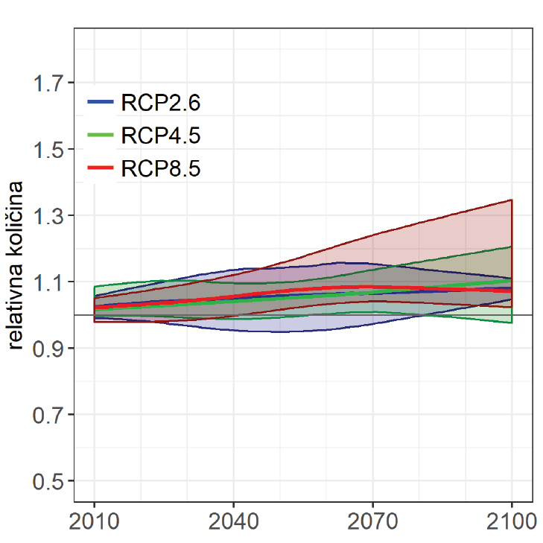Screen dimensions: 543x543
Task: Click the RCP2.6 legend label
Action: (161, 102)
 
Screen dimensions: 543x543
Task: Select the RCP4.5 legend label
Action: (161, 136)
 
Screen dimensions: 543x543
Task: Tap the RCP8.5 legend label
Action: (161, 168)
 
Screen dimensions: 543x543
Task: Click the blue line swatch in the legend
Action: (101, 102)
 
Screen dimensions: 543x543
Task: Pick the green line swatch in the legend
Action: (101, 136)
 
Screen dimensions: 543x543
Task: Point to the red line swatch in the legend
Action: (101, 168)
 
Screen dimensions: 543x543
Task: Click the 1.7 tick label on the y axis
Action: (49, 83)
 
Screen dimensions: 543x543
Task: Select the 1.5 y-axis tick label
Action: (49, 149)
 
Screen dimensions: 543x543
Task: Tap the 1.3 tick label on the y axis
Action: (49, 215)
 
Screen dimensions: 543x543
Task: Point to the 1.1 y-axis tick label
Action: (49, 282)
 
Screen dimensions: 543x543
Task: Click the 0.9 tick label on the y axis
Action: (49, 348)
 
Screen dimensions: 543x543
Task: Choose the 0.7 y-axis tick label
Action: (49, 414)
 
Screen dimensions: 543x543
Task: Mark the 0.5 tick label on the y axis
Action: (49, 480)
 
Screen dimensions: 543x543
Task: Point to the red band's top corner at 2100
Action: (512, 200)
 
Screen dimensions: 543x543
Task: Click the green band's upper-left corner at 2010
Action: (95, 287)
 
